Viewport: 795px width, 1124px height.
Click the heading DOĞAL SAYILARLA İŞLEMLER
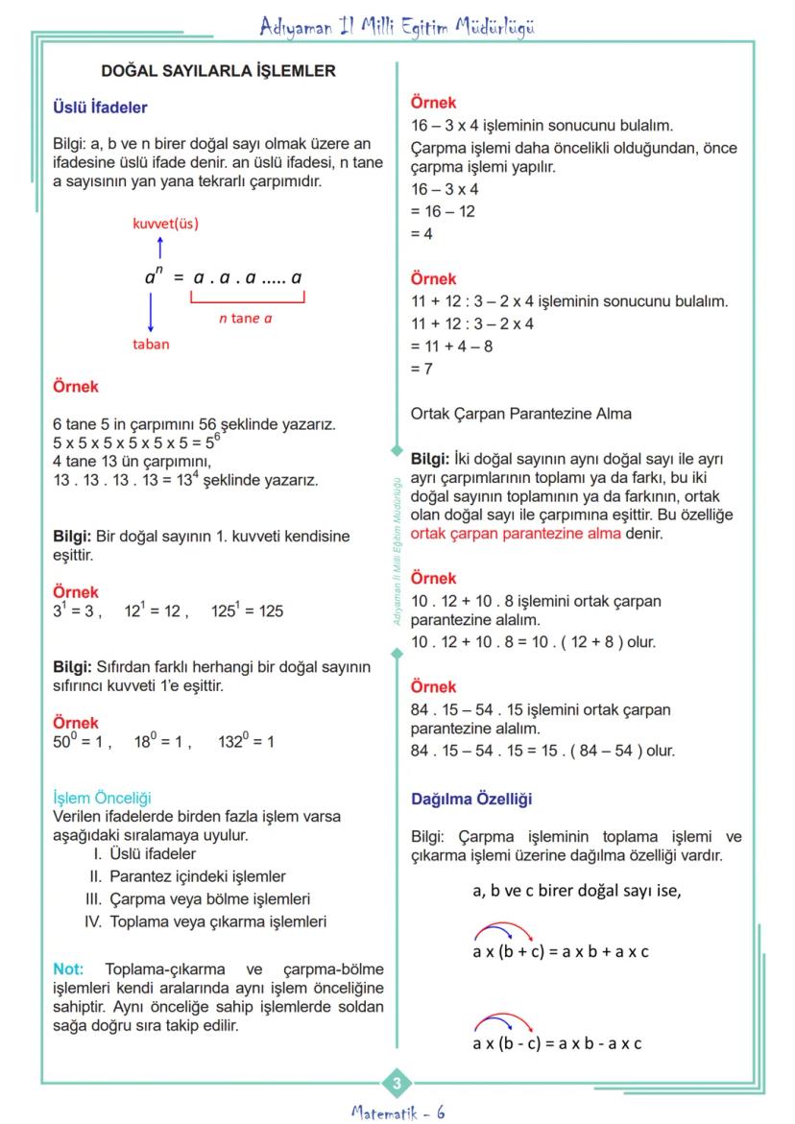(x=218, y=71)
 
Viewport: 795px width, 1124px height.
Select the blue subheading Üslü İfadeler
(x=100, y=108)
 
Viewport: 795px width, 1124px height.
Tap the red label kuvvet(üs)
(x=165, y=224)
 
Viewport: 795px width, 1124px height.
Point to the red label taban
(x=151, y=344)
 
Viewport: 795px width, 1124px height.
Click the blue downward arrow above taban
(x=151, y=311)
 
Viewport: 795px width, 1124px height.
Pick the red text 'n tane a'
(x=245, y=318)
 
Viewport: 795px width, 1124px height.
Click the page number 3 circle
(x=397, y=1085)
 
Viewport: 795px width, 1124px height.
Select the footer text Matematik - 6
(x=397, y=1112)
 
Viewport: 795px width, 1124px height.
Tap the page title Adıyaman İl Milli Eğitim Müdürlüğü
(x=397, y=27)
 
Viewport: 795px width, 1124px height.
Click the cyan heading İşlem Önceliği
(x=102, y=798)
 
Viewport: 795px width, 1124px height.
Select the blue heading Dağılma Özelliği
(x=471, y=799)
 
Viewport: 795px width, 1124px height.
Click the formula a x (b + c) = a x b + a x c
(x=560, y=952)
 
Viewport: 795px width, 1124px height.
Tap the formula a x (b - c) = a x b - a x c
(x=557, y=1043)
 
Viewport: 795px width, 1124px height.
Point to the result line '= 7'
(x=422, y=369)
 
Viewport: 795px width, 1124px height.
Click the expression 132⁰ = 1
(x=246, y=741)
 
